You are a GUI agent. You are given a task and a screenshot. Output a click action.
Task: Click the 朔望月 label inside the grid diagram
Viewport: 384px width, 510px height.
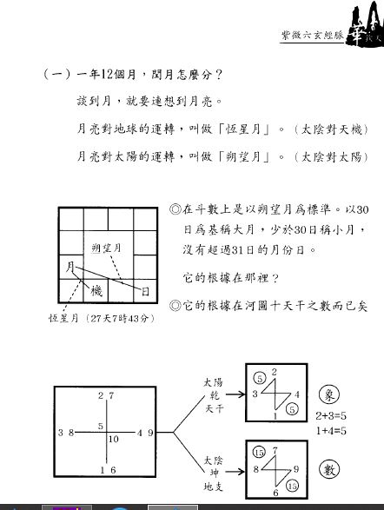point(107,248)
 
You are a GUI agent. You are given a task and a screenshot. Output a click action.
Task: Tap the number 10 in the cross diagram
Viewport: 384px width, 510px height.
point(114,439)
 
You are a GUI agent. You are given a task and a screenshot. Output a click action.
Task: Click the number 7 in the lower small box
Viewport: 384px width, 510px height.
point(275,450)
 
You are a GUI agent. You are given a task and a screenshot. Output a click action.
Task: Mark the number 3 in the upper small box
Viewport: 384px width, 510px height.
point(255,394)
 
